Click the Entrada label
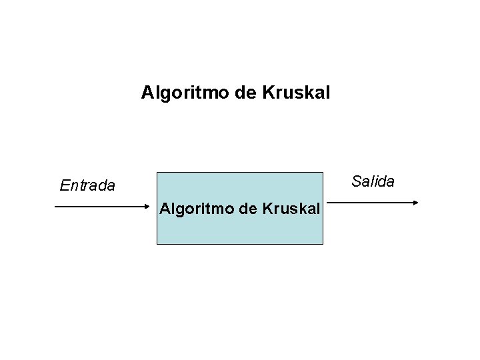point(87,185)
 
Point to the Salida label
point(373,181)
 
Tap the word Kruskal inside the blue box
point(292,209)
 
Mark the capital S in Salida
point(356,181)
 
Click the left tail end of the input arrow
point(55,207)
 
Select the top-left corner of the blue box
point(157,173)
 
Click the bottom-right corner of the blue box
point(323,244)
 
